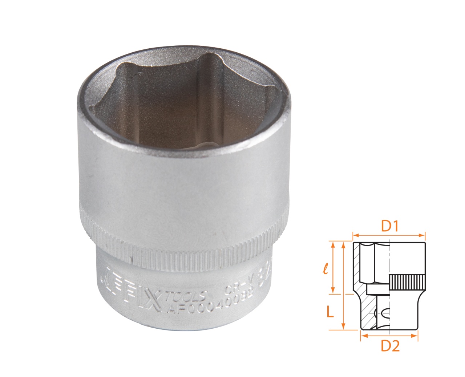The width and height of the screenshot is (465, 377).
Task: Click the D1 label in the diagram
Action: click(390, 227)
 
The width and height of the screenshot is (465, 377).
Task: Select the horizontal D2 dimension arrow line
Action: click(389, 336)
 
